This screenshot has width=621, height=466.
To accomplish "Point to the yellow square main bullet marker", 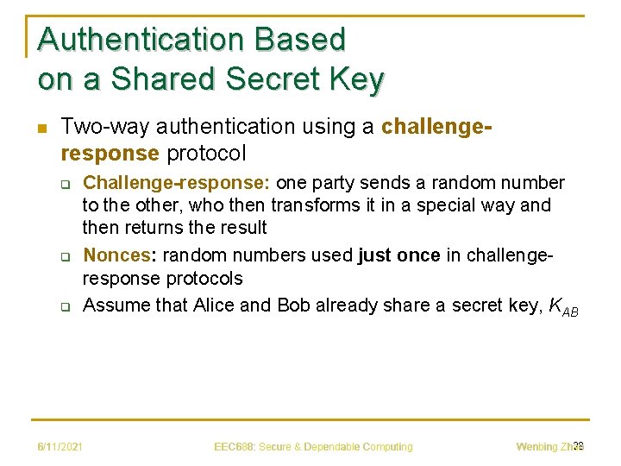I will (41, 128).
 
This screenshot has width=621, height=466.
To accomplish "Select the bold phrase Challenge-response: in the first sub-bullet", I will (176, 183).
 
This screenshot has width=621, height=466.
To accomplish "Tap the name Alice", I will (219, 305).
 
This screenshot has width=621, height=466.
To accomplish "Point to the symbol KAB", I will (564, 306).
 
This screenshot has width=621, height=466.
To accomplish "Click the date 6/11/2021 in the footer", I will (61, 446).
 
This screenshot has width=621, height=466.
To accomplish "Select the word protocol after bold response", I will (206, 154).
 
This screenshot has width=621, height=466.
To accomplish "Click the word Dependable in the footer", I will (329, 446).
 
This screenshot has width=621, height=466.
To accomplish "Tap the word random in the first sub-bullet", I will (459, 183).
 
